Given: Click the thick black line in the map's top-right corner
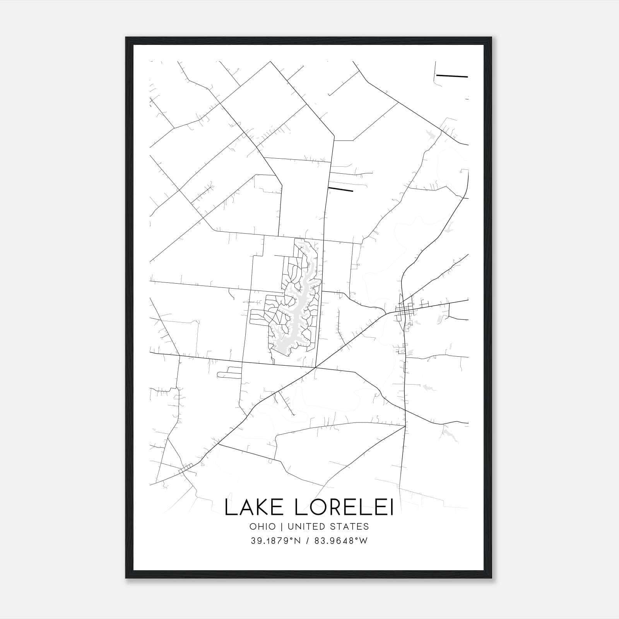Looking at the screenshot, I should click(452, 76).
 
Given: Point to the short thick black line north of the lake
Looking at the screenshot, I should click(340, 189).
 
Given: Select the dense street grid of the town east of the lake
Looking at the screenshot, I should click(404, 309).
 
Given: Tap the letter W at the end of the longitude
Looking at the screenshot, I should click(364, 541).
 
